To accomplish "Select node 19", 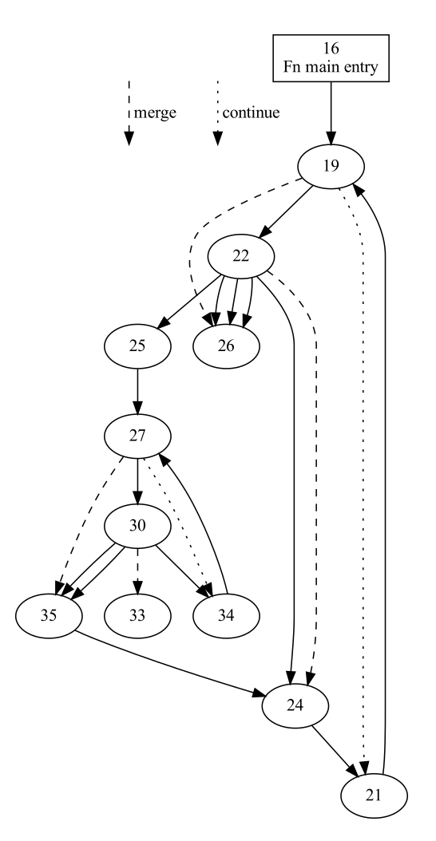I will (331, 166).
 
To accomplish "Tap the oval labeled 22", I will (241, 256).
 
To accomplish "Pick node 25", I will (138, 346).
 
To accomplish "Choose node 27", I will (138, 436).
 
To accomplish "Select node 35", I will (49, 615).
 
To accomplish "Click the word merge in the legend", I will (155, 113).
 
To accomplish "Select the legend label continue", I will (251, 113).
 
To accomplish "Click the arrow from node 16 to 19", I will (331, 112).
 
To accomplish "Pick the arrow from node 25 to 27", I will (138, 391).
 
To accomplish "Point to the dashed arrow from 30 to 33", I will (138, 570).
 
